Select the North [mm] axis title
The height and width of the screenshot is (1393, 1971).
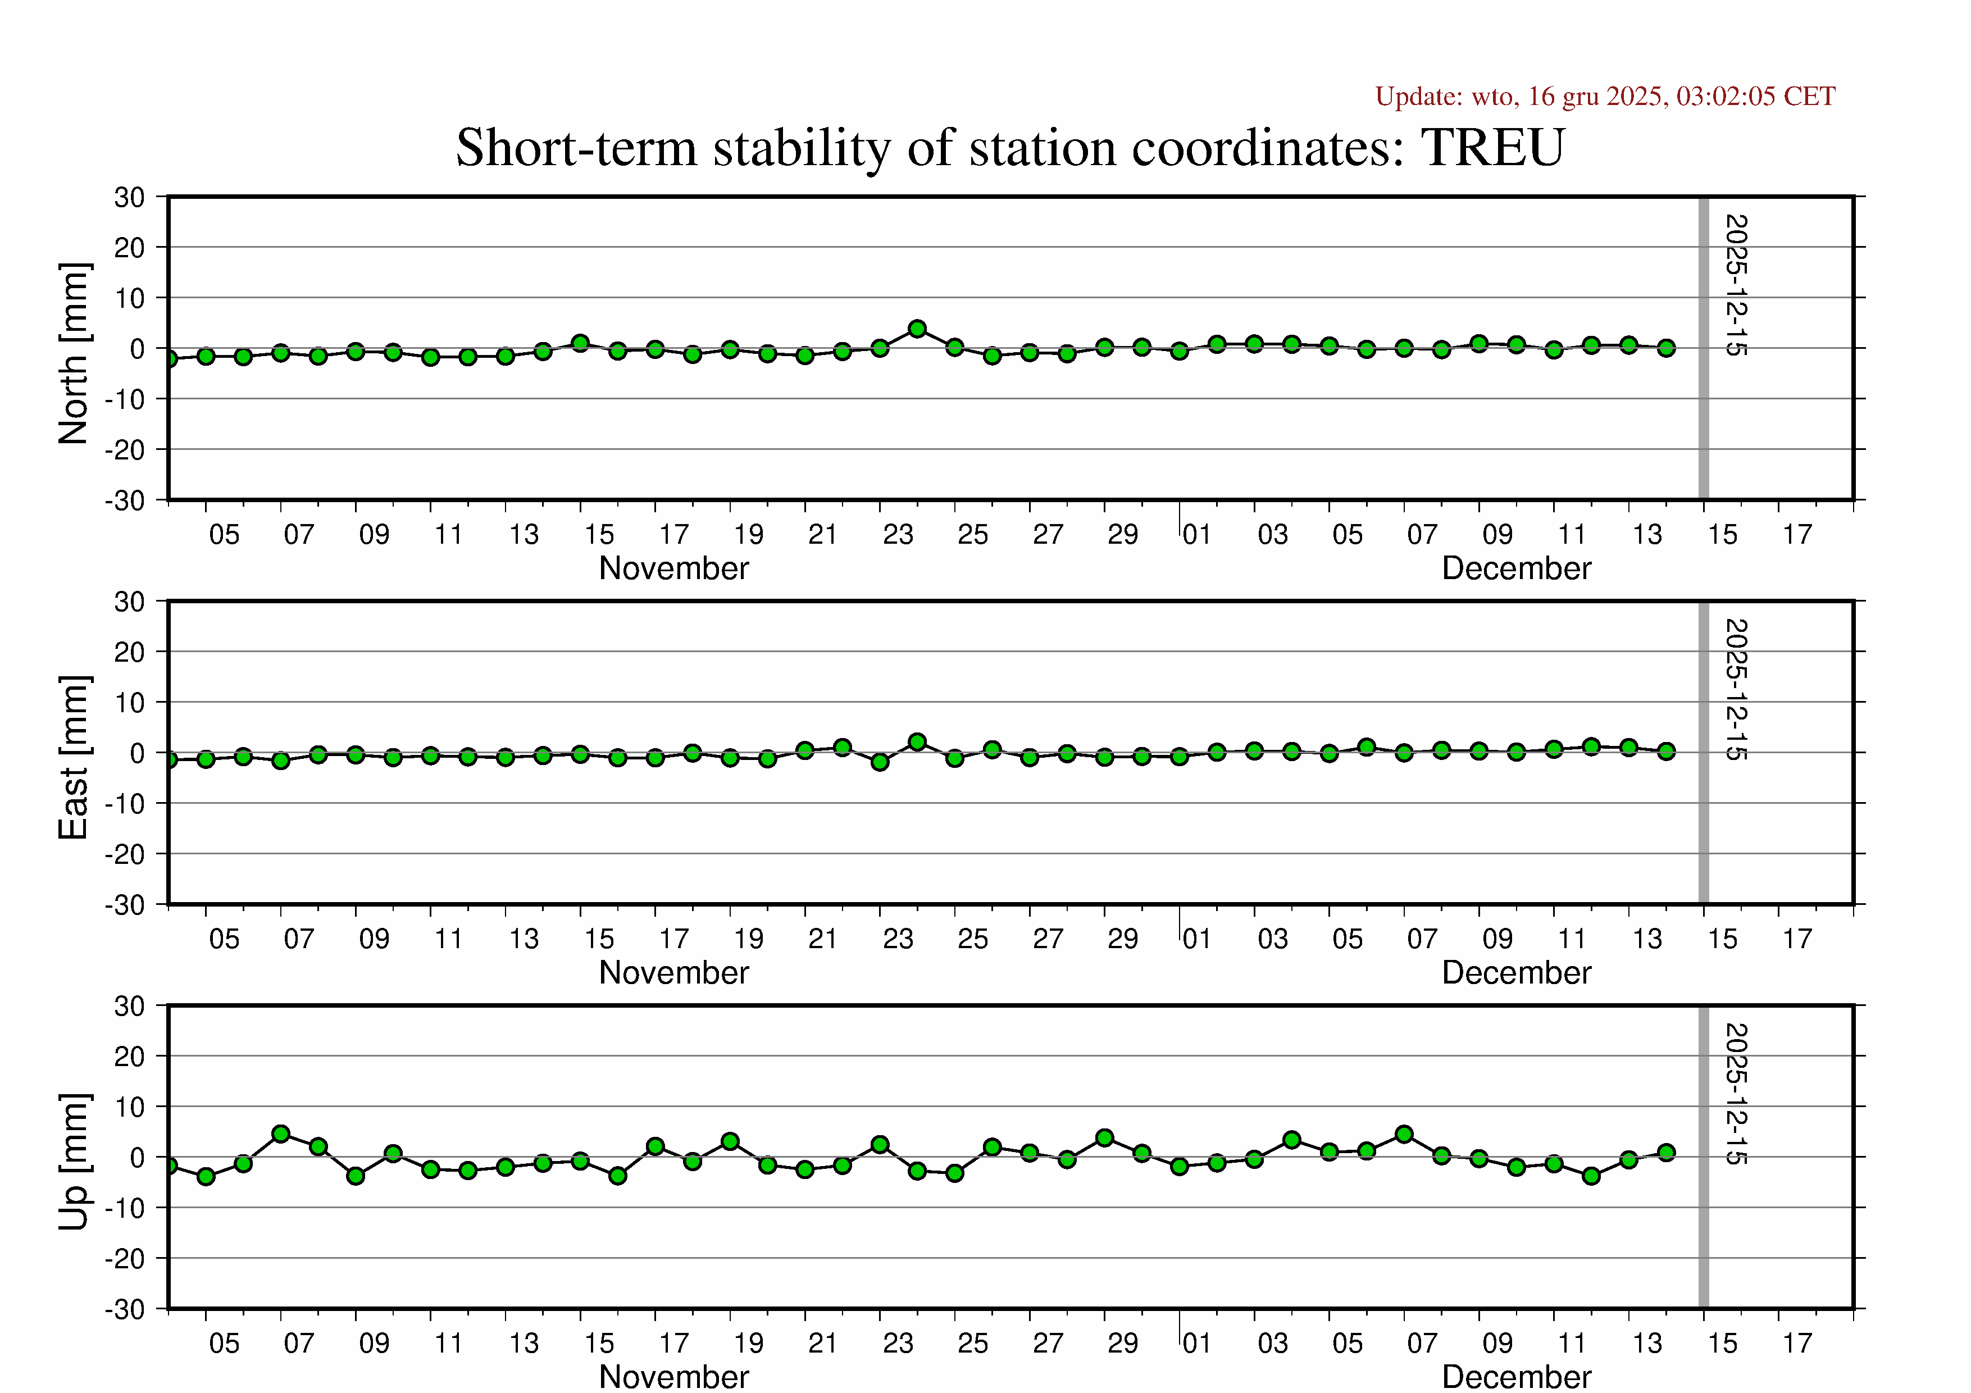(x=74, y=354)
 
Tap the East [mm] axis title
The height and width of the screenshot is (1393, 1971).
(x=74, y=757)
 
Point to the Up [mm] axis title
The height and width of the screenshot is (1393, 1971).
(x=74, y=1161)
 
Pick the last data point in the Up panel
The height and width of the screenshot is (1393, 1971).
(x=1666, y=1153)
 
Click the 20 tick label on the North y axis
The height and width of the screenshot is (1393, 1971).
(x=130, y=248)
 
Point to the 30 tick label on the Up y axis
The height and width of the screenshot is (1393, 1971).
(x=130, y=1006)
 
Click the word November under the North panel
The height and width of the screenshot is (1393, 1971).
(x=674, y=568)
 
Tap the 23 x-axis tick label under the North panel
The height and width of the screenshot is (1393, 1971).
(x=898, y=535)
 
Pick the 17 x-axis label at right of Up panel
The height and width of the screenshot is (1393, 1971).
(x=1797, y=1343)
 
